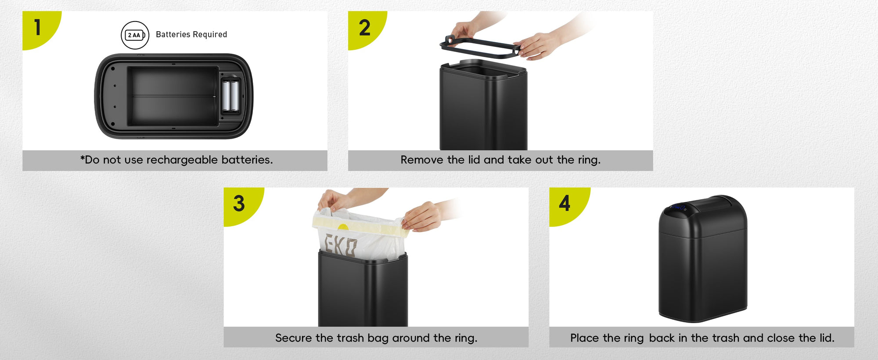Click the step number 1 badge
(39, 27)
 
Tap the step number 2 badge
(364, 28)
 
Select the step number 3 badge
(239, 204)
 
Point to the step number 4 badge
(565, 204)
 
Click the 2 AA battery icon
(135, 35)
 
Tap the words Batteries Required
(191, 35)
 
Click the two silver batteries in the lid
(230, 95)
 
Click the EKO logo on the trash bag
(341, 245)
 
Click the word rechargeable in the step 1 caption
(182, 160)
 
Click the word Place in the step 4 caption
(585, 338)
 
